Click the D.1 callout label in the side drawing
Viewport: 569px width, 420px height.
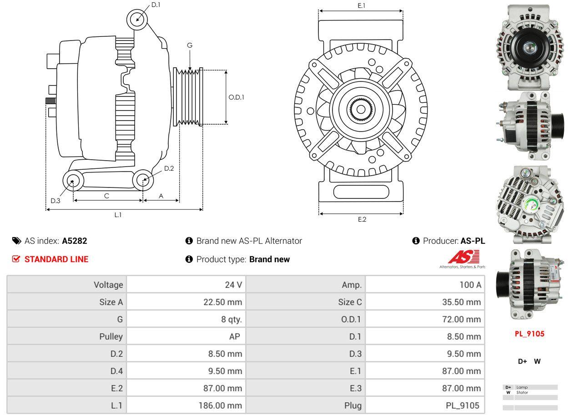tap(156, 5)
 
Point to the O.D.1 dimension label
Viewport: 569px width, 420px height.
tap(236, 97)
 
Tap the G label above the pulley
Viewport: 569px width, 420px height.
tap(190, 45)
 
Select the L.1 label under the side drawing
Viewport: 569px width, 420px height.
tap(118, 215)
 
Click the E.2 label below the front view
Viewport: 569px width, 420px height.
tap(362, 219)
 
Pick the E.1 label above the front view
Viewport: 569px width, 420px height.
tap(361, 5)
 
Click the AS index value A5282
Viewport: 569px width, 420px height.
tap(75, 241)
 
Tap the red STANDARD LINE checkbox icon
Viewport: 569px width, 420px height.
tap(16, 259)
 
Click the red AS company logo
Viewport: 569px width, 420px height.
tap(463, 257)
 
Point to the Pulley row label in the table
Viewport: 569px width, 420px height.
tap(111, 337)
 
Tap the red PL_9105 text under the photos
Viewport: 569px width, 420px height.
tap(529, 334)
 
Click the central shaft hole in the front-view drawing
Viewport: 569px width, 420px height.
tap(361, 109)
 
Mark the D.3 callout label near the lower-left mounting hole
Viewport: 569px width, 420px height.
tap(55, 201)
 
